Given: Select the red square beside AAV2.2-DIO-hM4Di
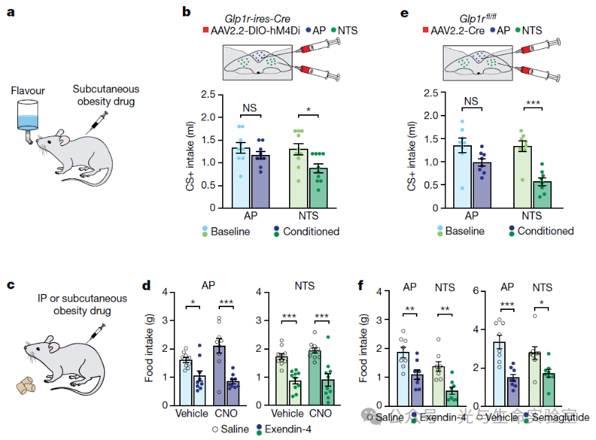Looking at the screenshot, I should tap(206, 31).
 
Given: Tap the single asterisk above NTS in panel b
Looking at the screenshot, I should tap(308, 110).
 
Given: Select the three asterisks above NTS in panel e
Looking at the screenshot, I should tap(532, 103).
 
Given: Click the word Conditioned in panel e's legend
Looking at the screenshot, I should tap(546, 231).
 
